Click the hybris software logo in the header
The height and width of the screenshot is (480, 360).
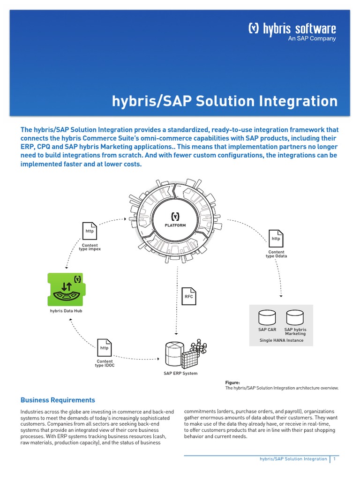point(292,29)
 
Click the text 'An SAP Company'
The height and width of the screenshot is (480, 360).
point(312,39)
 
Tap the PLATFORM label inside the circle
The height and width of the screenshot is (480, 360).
point(175,225)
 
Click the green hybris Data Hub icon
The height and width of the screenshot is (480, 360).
point(65,288)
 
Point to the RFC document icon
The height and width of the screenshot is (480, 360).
point(188,295)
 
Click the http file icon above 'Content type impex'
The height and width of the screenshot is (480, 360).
point(90,231)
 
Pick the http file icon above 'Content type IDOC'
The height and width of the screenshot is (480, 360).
point(104,347)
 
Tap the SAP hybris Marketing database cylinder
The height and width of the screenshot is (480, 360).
point(295,317)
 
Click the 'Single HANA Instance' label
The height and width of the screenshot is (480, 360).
point(281,340)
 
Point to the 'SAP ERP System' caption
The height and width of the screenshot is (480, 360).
point(180,373)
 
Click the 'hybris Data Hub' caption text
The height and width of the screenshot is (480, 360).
point(66,310)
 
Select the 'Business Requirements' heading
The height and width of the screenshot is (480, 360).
point(58,400)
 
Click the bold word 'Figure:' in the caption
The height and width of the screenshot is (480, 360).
point(232,382)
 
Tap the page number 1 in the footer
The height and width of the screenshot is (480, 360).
point(334,459)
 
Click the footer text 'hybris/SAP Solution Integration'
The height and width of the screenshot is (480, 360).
point(293,459)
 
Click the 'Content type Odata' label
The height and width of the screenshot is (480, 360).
point(276,254)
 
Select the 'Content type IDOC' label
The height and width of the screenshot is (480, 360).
point(105,363)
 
